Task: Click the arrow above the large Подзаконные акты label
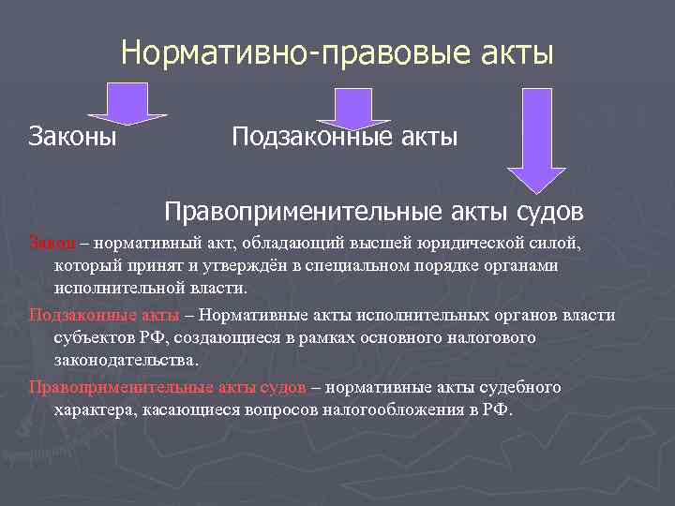(352, 108)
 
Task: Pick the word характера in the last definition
(96, 409)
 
